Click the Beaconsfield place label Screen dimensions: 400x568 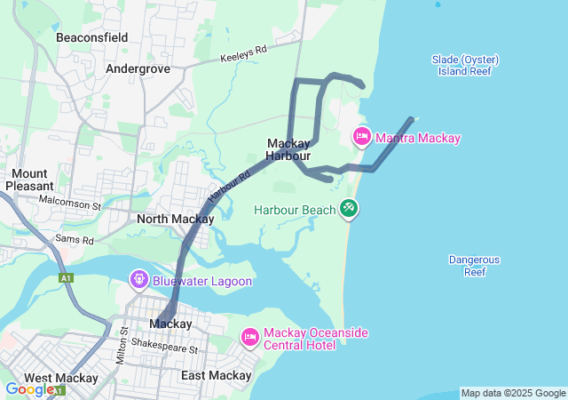[91, 37]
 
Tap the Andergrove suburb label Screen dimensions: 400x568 [137, 68]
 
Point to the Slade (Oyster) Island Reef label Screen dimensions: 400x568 [466, 65]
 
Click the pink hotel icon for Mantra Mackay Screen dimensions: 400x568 [362, 137]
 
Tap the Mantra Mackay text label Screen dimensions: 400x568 [418, 138]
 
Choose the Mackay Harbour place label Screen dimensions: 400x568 [288, 149]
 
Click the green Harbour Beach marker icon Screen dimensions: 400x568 [350, 208]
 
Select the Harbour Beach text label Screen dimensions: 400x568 [295, 210]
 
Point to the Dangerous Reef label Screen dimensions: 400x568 [474, 266]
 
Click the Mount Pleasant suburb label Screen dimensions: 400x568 [30, 180]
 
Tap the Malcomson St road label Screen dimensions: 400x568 [71, 204]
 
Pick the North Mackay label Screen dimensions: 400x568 [175, 219]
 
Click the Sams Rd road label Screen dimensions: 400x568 [75, 240]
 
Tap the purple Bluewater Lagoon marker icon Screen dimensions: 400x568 [138, 280]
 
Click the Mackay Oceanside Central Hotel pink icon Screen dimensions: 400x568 [249, 338]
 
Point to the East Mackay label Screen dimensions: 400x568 [217, 376]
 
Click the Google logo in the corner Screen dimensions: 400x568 [28, 388]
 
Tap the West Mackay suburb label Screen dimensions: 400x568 [60, 378]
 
